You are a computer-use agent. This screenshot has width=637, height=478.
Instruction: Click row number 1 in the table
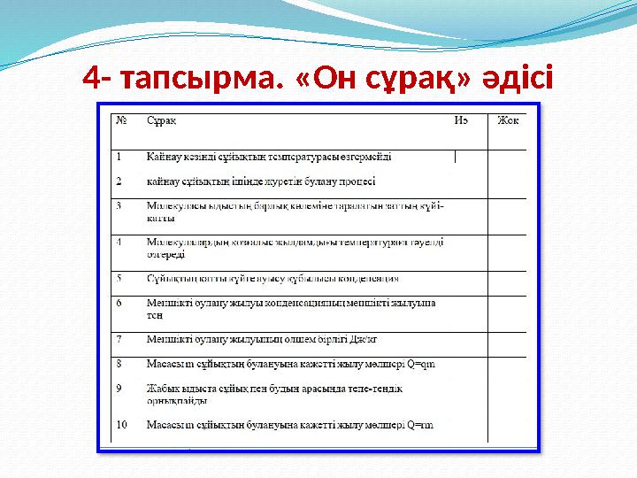point(120,157)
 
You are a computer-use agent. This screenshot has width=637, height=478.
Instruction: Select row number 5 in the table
point(120,278)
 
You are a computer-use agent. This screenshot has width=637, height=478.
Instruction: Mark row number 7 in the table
point(120,338)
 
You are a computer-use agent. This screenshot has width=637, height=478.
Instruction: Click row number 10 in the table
point(122,425)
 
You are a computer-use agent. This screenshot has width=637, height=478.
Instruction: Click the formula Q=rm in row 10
point(420,425)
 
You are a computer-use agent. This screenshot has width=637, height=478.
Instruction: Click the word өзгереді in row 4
point(165,254)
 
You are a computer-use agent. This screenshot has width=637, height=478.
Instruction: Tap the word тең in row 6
point(154,314)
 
